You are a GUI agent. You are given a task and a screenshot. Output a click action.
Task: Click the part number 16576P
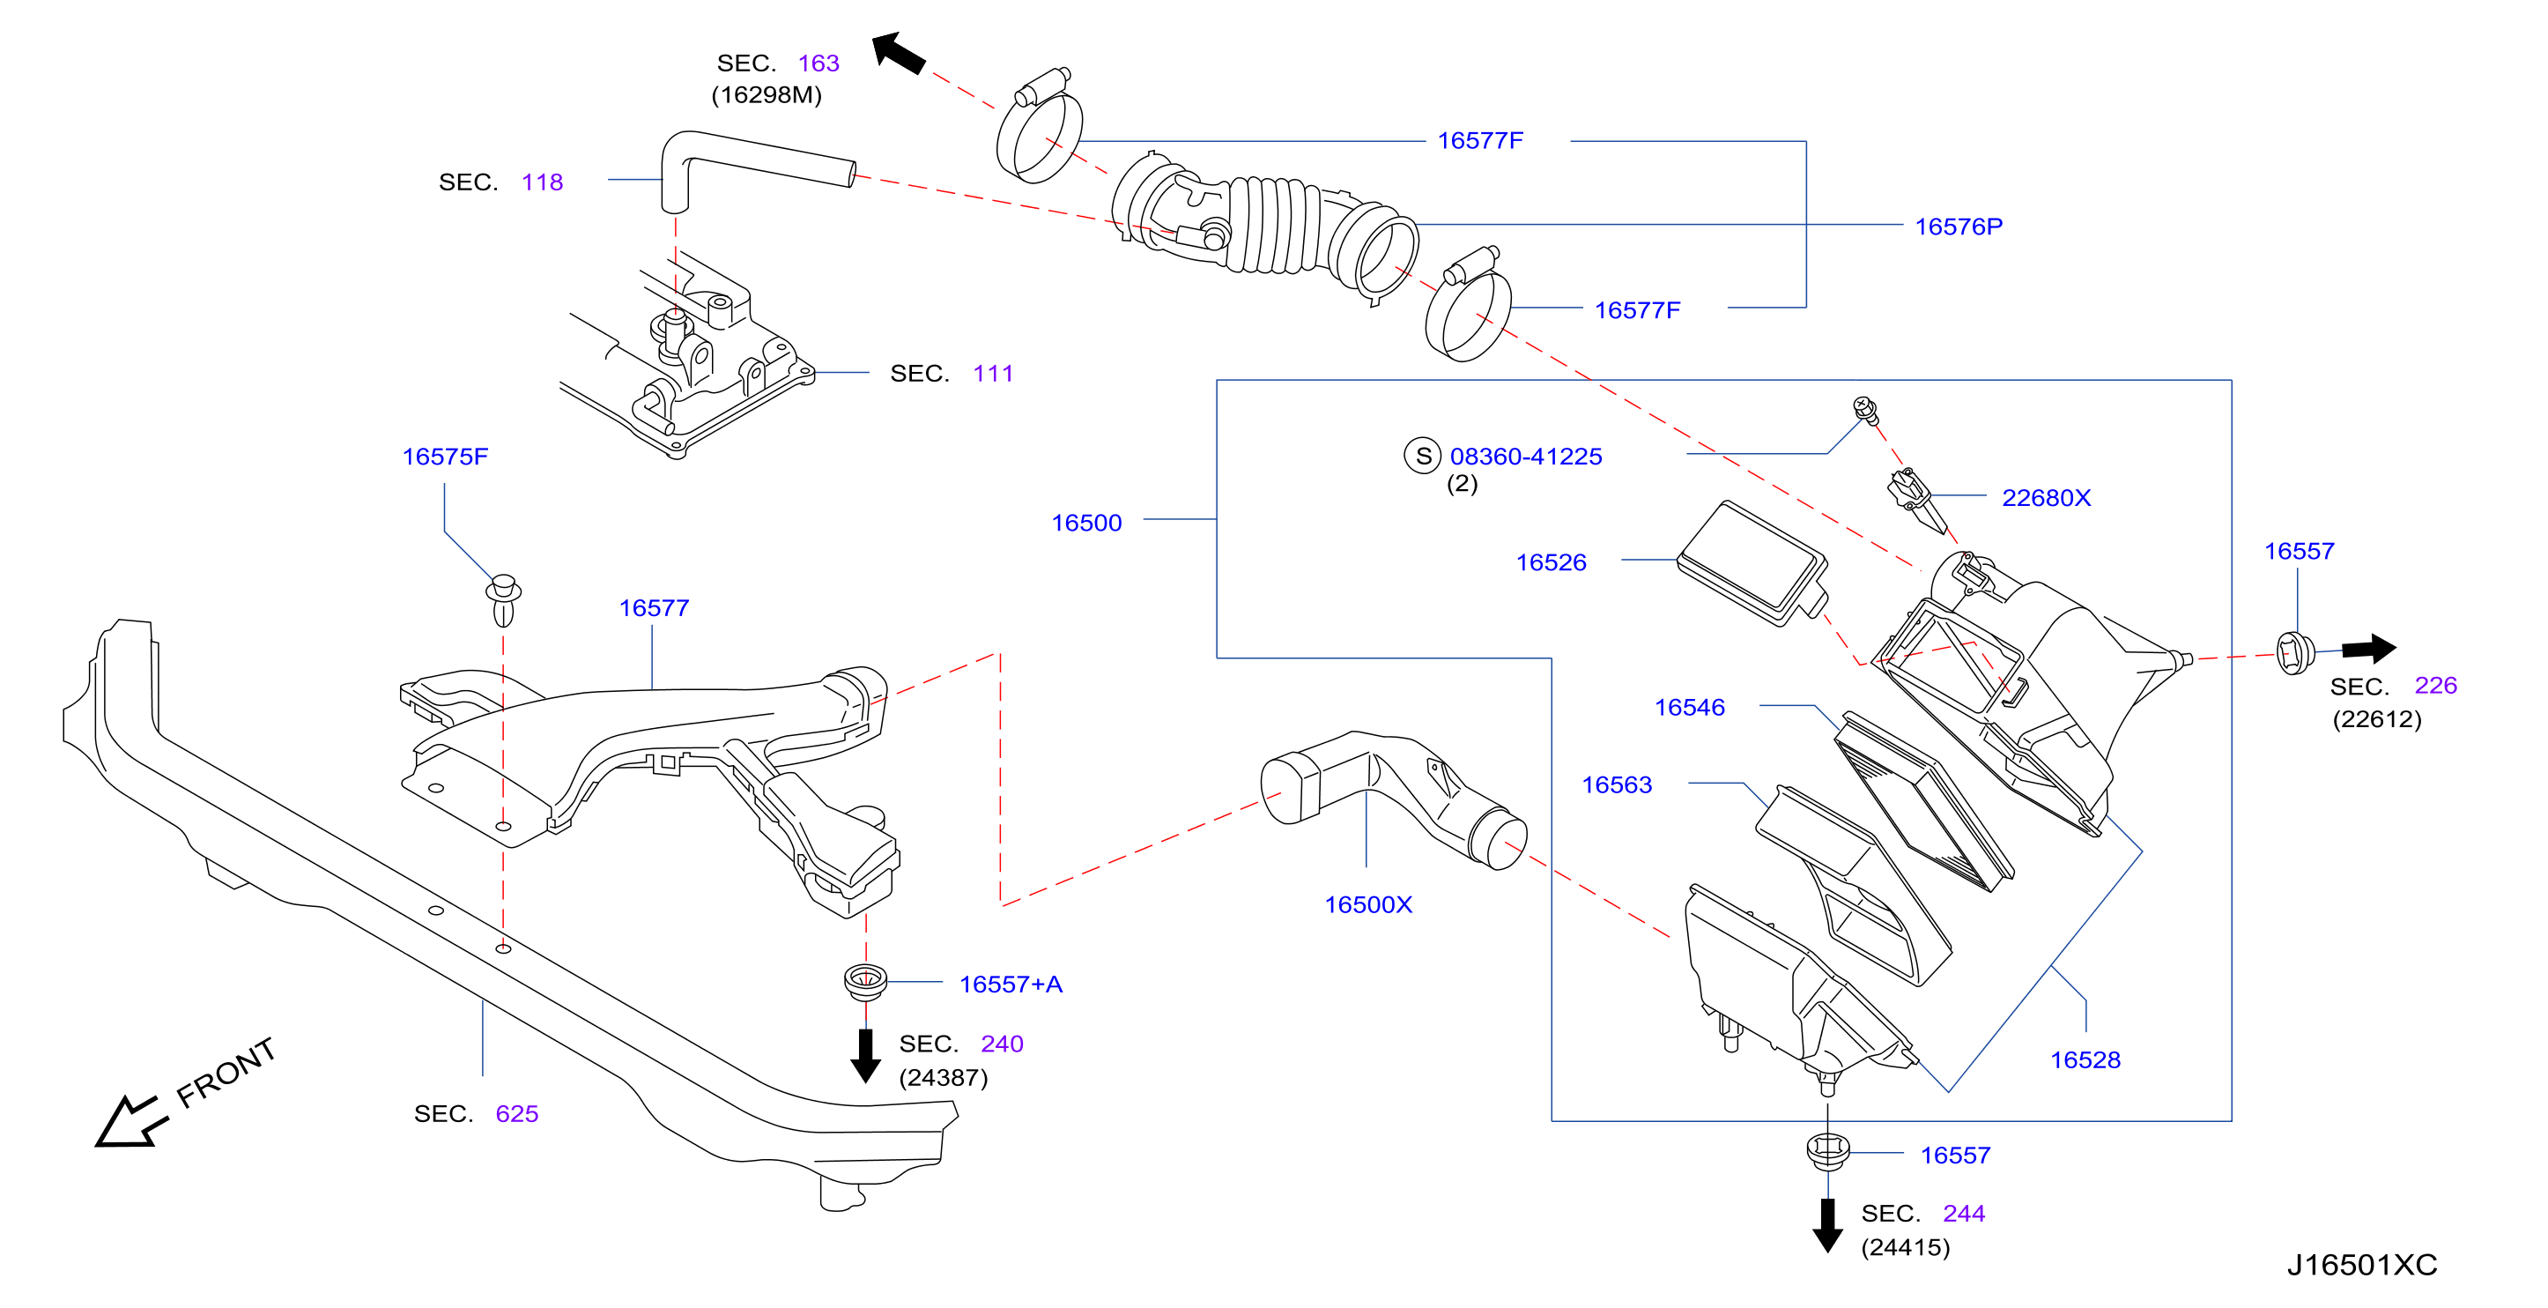coord(1959,227)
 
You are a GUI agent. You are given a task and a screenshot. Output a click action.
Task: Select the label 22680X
coord(2046,498)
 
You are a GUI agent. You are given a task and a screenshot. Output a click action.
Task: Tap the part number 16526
coord(1551,562)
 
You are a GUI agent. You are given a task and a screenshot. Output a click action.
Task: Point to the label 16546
coord(1690,708)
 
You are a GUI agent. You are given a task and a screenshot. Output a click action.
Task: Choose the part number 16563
coord(1616,784)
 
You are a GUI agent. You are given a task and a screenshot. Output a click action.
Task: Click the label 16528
coord(2085,1059)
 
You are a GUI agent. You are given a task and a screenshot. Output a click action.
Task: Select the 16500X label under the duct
coord(1368,904)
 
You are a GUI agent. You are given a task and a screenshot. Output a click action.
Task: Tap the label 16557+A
coord(1011,984)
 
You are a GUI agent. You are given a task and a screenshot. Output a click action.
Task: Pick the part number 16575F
coord(445,456)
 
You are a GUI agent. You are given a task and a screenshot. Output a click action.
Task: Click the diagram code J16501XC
coord(2362,1265)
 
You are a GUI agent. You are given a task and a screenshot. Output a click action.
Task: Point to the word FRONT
coord(226,1073)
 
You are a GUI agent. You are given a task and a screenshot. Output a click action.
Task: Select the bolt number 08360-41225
coord(1525,456)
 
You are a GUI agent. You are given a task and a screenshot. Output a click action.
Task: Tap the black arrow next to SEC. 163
coord(898,52)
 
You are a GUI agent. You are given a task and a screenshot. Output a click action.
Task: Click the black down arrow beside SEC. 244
coord(1827,1225)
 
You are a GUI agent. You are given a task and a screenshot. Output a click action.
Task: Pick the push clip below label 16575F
coord(503,599)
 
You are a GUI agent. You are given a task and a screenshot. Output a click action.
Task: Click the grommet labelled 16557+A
coord(865,980)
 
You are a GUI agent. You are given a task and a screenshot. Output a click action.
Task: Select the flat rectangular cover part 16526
coord(1752,563)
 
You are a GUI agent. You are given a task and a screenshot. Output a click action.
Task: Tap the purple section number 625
coord(516,1113)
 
